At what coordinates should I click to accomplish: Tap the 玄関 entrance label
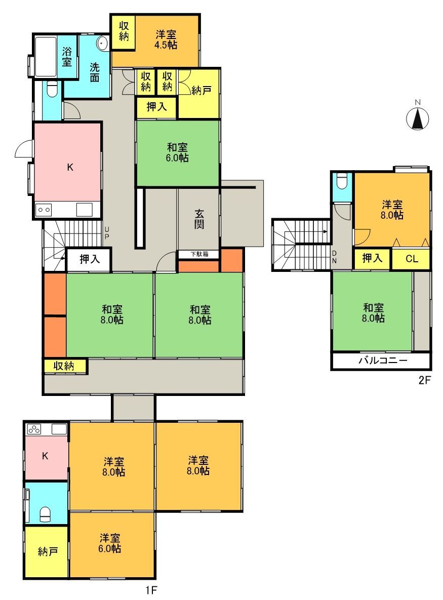coord(199,219)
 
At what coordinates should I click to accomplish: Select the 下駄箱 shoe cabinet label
coord(199,254)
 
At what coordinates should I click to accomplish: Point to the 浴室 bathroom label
coord(67,56)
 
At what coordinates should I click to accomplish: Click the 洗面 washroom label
coord(95,72)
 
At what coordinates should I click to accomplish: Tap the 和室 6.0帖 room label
coord(177,152)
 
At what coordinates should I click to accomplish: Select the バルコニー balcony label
coord(383,360)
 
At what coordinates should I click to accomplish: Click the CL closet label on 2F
coord(412,259)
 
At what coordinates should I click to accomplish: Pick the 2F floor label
coord(425,380)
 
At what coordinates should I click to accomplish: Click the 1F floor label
coord(151,590)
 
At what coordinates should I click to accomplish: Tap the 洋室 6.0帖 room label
coord(110,543)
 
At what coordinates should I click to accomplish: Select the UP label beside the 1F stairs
coord(107,233)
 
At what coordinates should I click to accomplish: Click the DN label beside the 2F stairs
coord(334,257)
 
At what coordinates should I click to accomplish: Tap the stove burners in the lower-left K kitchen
coord(34,429)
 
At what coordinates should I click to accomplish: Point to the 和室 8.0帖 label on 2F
coord(373,312)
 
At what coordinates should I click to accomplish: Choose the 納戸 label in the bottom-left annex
coord(48,551)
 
